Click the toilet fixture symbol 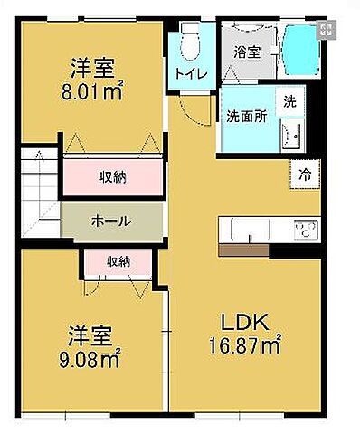[x=189, y=41]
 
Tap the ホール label [x=110, y=221]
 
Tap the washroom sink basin [x=292, y=138]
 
